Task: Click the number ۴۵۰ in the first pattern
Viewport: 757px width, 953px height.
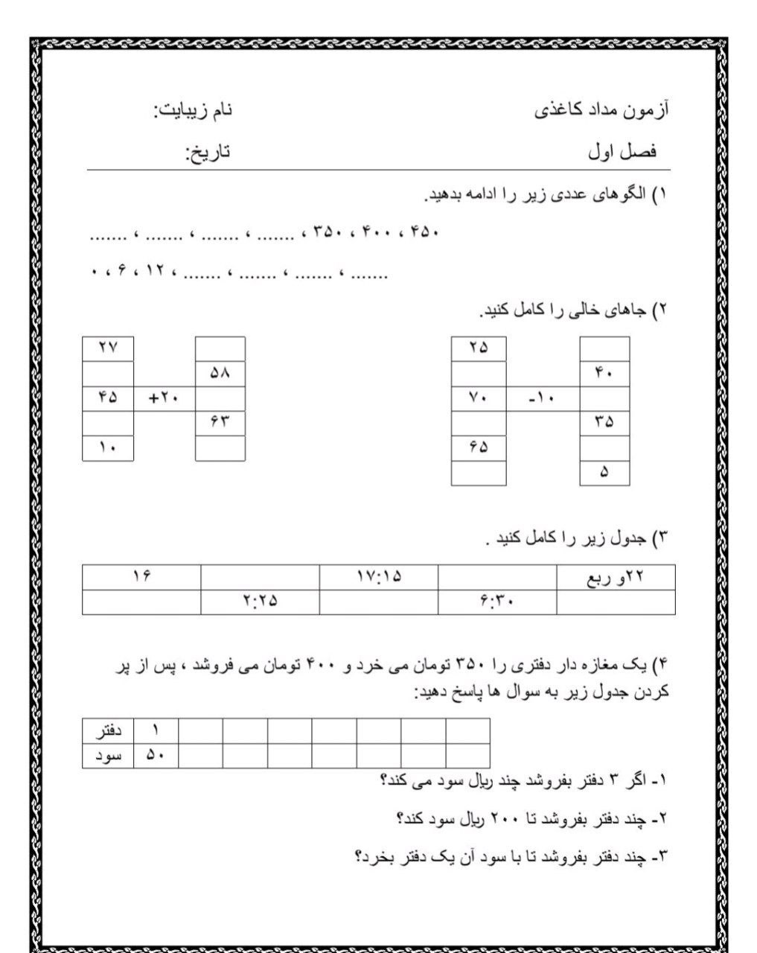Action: click(425, 232)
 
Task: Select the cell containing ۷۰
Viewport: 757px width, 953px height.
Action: click(479, 398)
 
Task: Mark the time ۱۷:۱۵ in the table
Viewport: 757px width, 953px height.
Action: click(378, 577)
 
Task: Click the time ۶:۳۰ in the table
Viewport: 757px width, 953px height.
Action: click(497, 602)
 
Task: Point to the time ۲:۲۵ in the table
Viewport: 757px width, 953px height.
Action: click(260, 602)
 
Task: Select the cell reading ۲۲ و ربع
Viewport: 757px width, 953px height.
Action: click(616, 577)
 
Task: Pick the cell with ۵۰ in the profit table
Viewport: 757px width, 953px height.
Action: click(156, 756)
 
